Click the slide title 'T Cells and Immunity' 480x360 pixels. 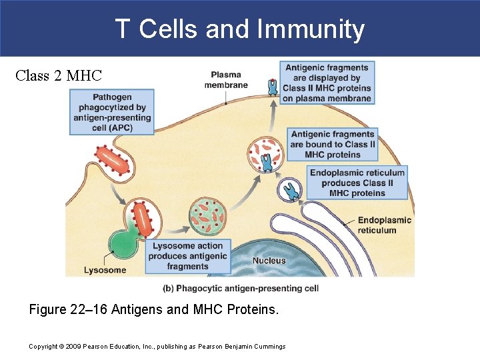[x=239, y=29]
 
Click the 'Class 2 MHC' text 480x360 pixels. [x=58, y=75]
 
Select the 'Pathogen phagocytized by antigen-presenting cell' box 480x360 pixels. [x=112, y=113]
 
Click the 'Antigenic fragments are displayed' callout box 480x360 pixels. [x=327, y=83]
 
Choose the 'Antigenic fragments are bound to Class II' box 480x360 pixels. [x=333, y=145]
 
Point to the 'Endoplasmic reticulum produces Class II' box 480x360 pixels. [x=357, y=183]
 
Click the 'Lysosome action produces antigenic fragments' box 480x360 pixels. [x=187, y=256]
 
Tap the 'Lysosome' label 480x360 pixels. [x=104, y=270]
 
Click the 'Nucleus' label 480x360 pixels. [x=269, y=261]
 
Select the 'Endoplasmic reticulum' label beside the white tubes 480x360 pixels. [x=385, y=225]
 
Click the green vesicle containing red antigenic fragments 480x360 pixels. [x=208, y=217]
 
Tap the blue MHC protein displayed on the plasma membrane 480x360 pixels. [x=272, y=87]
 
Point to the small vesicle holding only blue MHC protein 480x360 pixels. [x=291, y=191]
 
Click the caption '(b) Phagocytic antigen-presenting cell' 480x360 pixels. [x=241, y=288]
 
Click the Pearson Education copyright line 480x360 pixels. [x=157, y=346]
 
